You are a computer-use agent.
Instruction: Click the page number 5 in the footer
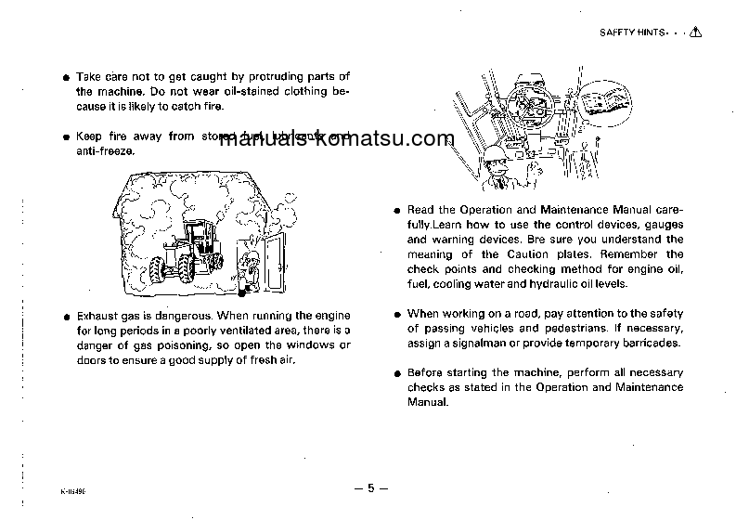tap(370, 488)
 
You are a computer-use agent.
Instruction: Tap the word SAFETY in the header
tap(617, 32)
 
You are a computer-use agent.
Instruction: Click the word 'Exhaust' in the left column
tap(97, 317)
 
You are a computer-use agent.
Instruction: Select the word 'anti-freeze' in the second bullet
tap(104, 150)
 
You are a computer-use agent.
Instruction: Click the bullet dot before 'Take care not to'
tap(65, 77)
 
